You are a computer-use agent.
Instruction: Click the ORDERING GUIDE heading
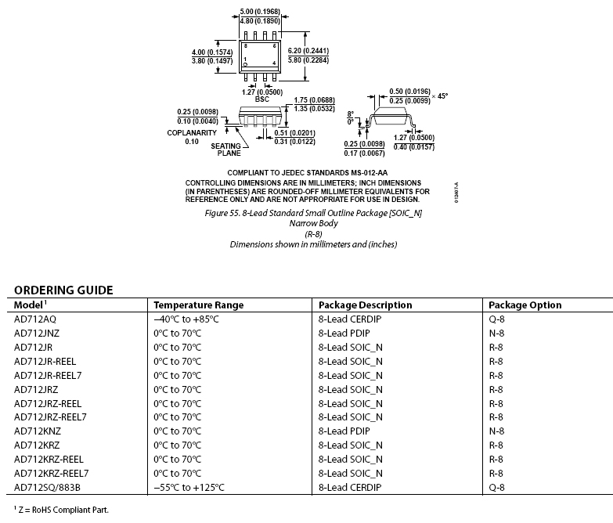pyautogui.click(x=63, y=290)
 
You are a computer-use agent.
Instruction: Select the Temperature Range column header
pyautogui.click(x=198, y=305)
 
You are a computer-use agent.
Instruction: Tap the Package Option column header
pyautogui.click(x=525, y=305)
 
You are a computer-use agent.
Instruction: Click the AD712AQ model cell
pyautogui.click(x=36, y=319)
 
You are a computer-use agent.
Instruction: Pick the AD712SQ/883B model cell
pyautogui.click(x=47, y=488)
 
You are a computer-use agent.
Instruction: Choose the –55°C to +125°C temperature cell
pyautogui.click(x=189, y=488)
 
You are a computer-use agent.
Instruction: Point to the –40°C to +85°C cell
pyautogui.click(x=186, y=319)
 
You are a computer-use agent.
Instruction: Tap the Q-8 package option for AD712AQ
pyautogui.click(x=496, y=319)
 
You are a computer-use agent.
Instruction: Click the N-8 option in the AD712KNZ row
pyautogui.click(x=496, y=431)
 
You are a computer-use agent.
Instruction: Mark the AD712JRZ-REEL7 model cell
pyautogui.click(x=50, y=417)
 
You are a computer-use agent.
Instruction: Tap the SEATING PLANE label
pyautogui.click(x=226, y=150)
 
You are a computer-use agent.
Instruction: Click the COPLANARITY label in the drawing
pyautogui.click(x=191, y=132)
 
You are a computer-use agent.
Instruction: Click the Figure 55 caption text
pyautogui.click(x=313, y=214)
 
